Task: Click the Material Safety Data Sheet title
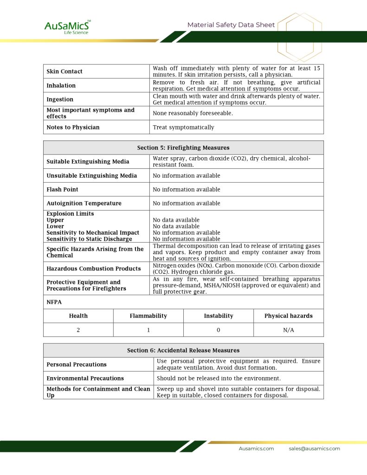231,25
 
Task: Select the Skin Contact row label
64,71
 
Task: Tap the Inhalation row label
61,85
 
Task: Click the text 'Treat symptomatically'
183,127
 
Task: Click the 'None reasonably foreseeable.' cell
193,113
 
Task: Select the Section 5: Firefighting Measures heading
183,148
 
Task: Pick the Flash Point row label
62,189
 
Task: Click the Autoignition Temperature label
84,203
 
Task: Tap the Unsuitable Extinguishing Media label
92,175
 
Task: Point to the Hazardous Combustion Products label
94,269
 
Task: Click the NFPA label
54,302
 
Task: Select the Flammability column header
148,316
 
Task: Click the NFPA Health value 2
78,330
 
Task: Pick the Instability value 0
218,330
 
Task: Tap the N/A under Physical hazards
288,330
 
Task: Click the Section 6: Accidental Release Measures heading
183,350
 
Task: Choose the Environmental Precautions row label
85,378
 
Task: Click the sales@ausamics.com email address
314,449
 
